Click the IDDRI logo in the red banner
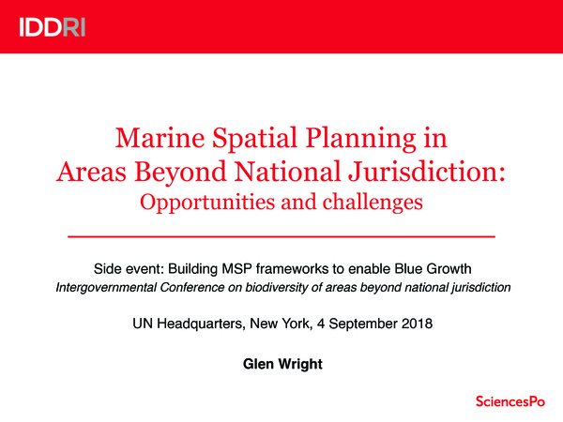coord(52,26)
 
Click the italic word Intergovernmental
coord(104,287)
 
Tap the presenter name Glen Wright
coord(281,362)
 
